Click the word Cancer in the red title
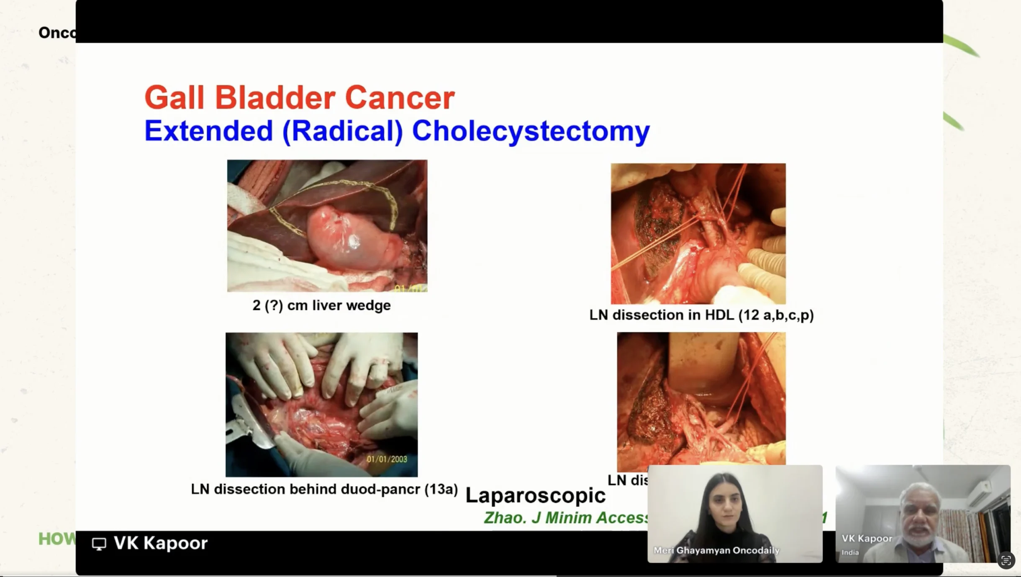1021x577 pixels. pos(400,98)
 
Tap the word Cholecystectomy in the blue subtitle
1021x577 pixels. pos(531,131)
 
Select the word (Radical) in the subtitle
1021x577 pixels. pos(342,131)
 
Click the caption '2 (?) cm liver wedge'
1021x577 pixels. pos(321,305)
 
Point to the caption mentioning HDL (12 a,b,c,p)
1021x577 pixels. pos(701,315)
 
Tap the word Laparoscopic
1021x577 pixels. pos(535,496)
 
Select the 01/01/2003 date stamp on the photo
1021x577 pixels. pos(387,459)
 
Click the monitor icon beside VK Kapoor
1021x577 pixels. pos(99,544)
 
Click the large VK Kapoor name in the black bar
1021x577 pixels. pos(161,543)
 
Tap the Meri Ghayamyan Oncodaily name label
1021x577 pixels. pos(716,550)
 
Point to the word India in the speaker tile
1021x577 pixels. pos(850,553)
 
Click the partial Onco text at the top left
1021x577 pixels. pos(57,33)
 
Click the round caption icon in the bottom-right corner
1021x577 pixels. pos(1006,561)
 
